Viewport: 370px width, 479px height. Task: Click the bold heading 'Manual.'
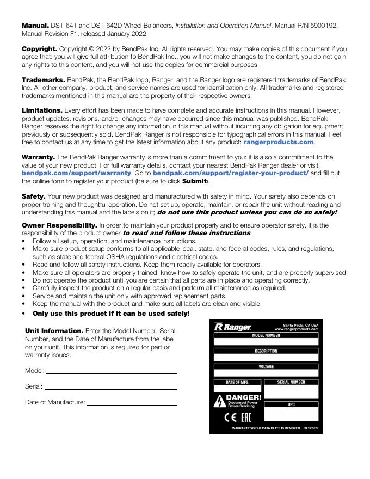coord(35,25)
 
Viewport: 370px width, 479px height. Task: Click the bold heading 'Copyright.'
coord(39,49)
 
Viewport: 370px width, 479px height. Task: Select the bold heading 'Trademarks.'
coord(43,80)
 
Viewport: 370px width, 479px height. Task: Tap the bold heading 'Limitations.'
coord(42,110)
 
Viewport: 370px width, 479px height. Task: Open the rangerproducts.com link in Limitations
coord(279,142)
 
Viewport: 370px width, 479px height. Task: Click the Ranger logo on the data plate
coord(233,327)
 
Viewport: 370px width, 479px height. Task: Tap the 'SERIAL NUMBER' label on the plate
coord(291,382)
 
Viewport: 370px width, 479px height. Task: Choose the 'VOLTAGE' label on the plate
coord(266,367)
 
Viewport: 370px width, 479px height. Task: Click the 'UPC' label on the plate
coord(291,404)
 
